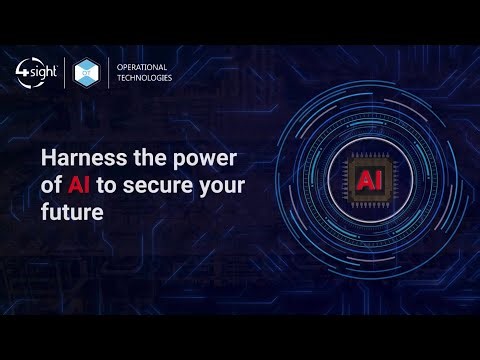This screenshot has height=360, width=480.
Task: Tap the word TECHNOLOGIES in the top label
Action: (x=145, y=78)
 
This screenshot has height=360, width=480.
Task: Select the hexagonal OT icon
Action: (x=89, y=72)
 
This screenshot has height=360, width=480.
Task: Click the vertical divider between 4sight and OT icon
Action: (x=66, y=72)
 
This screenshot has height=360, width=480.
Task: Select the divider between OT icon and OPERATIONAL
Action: (x=110, y=72)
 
